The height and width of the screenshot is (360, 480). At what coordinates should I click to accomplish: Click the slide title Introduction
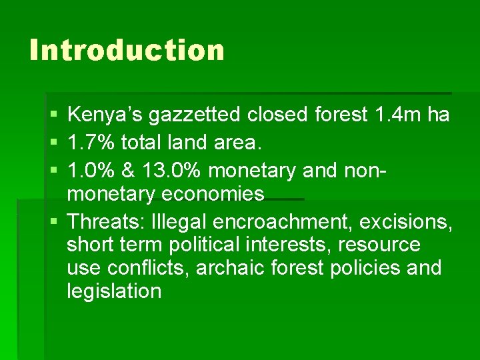point(127,51)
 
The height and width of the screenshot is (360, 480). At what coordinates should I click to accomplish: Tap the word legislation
point(114,291)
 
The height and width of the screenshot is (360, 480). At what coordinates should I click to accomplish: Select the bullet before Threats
point(53,221)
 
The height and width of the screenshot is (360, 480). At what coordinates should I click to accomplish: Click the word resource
point(379,245)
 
